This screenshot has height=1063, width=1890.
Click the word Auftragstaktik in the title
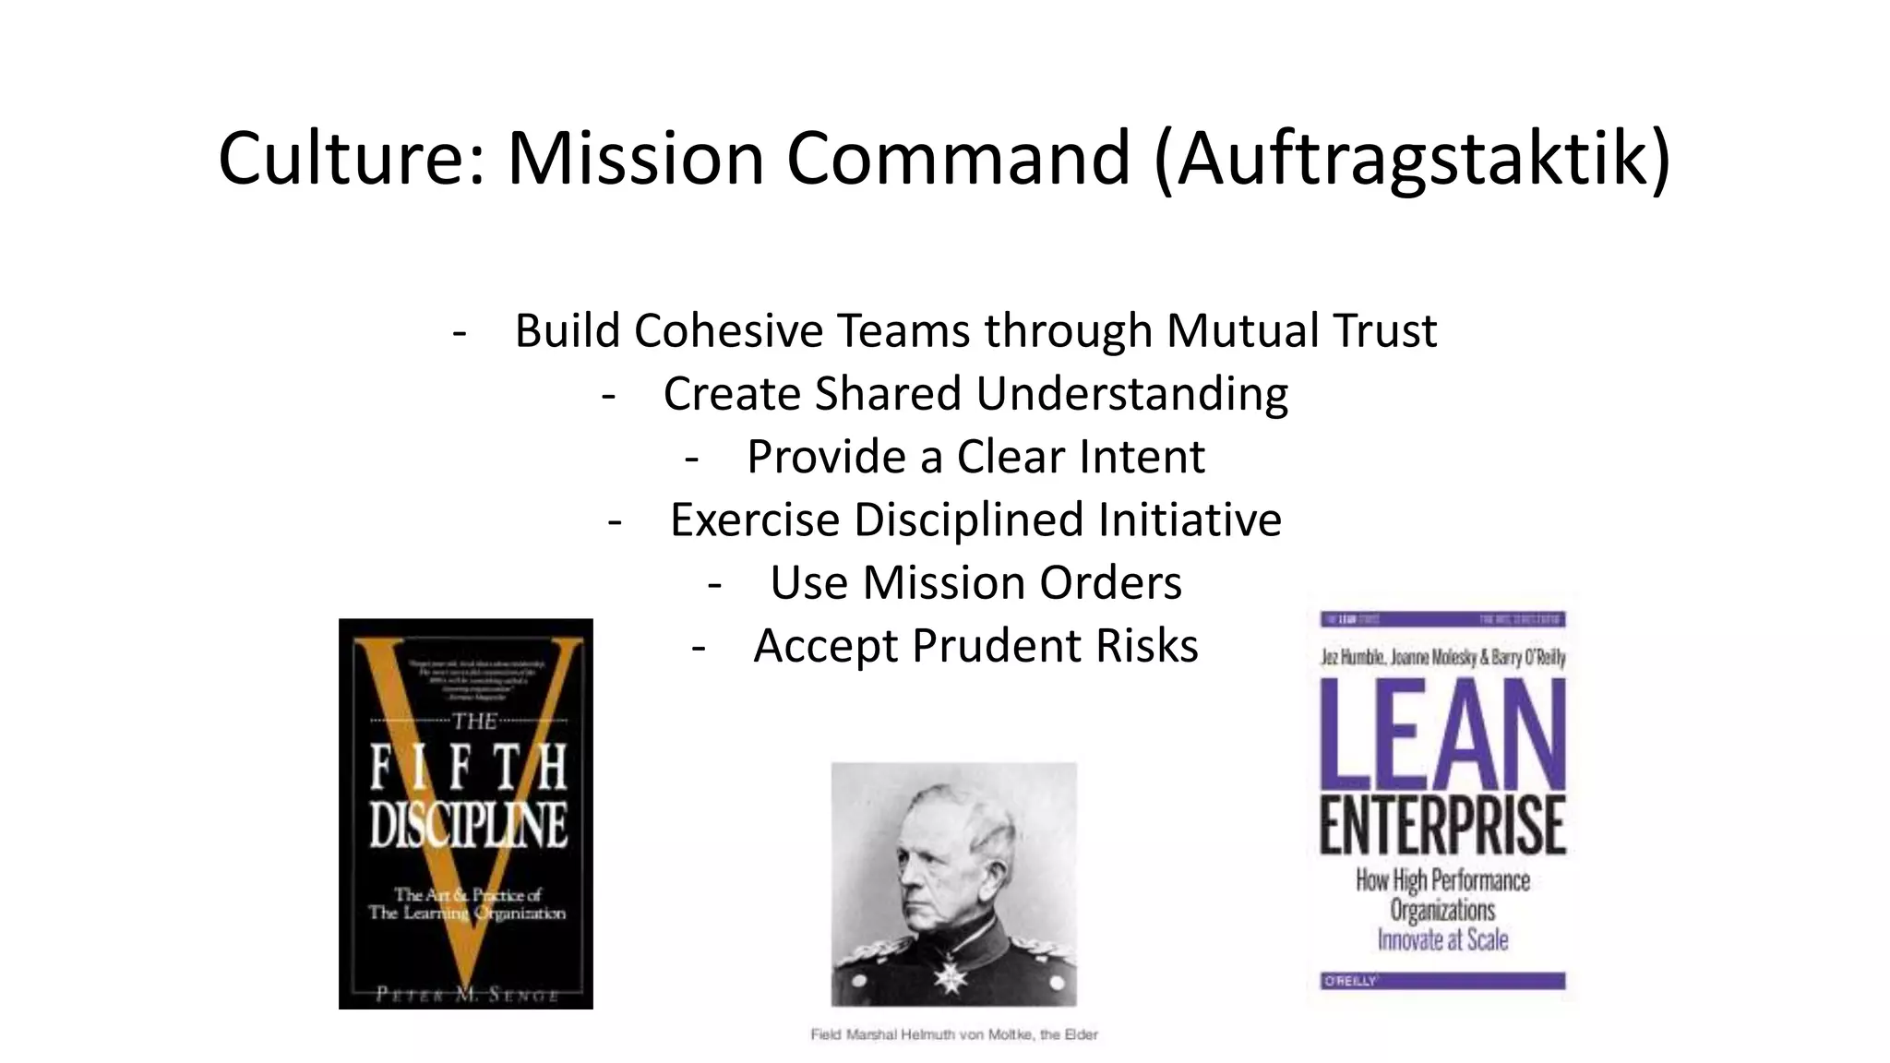click(1412, 158)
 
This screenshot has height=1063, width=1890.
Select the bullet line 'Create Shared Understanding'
click(975, 393)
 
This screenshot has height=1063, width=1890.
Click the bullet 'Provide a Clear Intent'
click(975, 456)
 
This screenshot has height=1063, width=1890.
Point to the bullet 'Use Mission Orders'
click(975, 582)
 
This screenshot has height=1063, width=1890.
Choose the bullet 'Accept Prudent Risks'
click(975, 645)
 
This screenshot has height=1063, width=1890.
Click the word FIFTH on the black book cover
click(468, 768)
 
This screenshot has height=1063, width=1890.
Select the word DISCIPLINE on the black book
click(468, 824)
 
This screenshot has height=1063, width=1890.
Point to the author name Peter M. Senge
click(467, 995)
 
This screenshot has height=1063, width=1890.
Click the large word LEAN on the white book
click(1442, 734)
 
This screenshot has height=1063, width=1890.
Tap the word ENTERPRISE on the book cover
click(1442, 826)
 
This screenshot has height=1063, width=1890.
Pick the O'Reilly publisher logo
click(1350, 981)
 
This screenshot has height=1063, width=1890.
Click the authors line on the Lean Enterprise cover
click(1442, 658)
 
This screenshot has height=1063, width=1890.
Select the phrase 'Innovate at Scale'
click(1442, 940)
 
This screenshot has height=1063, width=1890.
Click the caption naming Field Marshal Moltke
click(954, 1034)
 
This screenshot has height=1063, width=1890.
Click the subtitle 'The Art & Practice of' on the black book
click(468, 894)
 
